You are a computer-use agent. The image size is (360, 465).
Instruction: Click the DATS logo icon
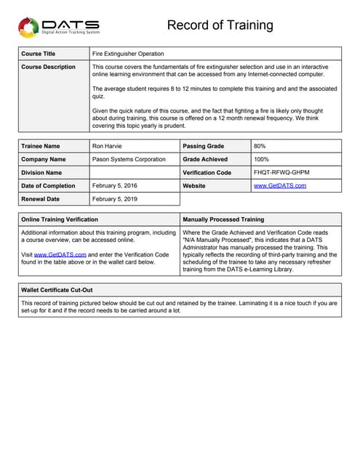[28, 28]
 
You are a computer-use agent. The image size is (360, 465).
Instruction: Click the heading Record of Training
[220, 25]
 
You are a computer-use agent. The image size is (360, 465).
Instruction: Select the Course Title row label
[39, 54]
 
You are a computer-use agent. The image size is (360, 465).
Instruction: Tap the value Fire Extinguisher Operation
[128, 54]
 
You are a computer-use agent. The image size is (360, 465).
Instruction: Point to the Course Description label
[49, 67]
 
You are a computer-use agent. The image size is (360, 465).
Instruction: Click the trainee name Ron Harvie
[108, 146]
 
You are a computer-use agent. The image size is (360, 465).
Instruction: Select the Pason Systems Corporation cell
[129, 159]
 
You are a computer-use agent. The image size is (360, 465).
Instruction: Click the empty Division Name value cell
[134, 172]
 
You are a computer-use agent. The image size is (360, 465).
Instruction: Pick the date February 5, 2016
[115, 186]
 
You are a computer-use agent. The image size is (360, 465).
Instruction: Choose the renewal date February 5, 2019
[115, 199]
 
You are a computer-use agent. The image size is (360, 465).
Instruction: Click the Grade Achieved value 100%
[263, 159]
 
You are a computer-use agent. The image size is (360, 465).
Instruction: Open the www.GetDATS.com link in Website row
[280, 186]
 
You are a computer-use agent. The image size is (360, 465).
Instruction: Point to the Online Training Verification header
[60, 219]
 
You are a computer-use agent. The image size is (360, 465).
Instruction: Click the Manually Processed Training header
[224, 219]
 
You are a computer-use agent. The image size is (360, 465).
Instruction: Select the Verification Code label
[207, 172]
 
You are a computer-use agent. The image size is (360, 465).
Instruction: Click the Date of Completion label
[48, 186]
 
